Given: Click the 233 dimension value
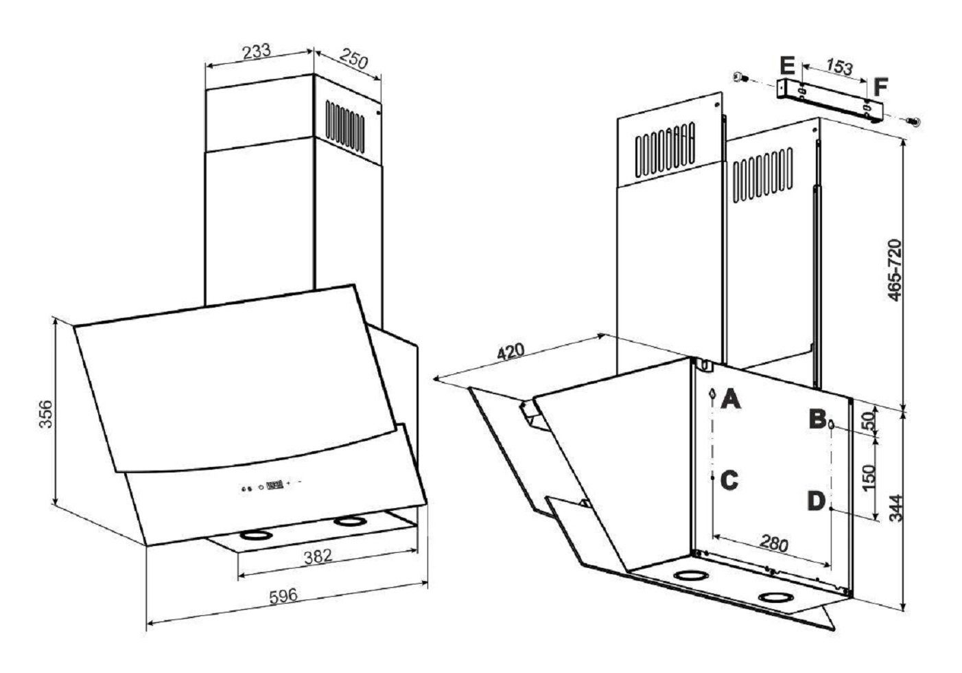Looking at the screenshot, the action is (257, 52).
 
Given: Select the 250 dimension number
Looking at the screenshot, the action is (354, 58).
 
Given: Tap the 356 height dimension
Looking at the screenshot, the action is (45, 414).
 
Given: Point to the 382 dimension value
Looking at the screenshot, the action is (318, 556).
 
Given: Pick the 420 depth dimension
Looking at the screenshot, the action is (511, 351).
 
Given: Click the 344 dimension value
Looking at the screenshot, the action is (895, 508).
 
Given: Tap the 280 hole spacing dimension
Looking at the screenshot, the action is (774, 543).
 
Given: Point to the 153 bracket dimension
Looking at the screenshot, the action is (839, 67).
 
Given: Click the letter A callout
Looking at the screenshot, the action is (731, 399).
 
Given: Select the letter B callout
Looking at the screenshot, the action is (817, 419).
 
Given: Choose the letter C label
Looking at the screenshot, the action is (729, 480).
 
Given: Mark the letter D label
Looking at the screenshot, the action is (817, 501).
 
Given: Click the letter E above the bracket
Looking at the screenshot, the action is (788, 66).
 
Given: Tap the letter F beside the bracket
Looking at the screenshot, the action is (881, 87).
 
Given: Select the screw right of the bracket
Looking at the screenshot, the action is (913, 122).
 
